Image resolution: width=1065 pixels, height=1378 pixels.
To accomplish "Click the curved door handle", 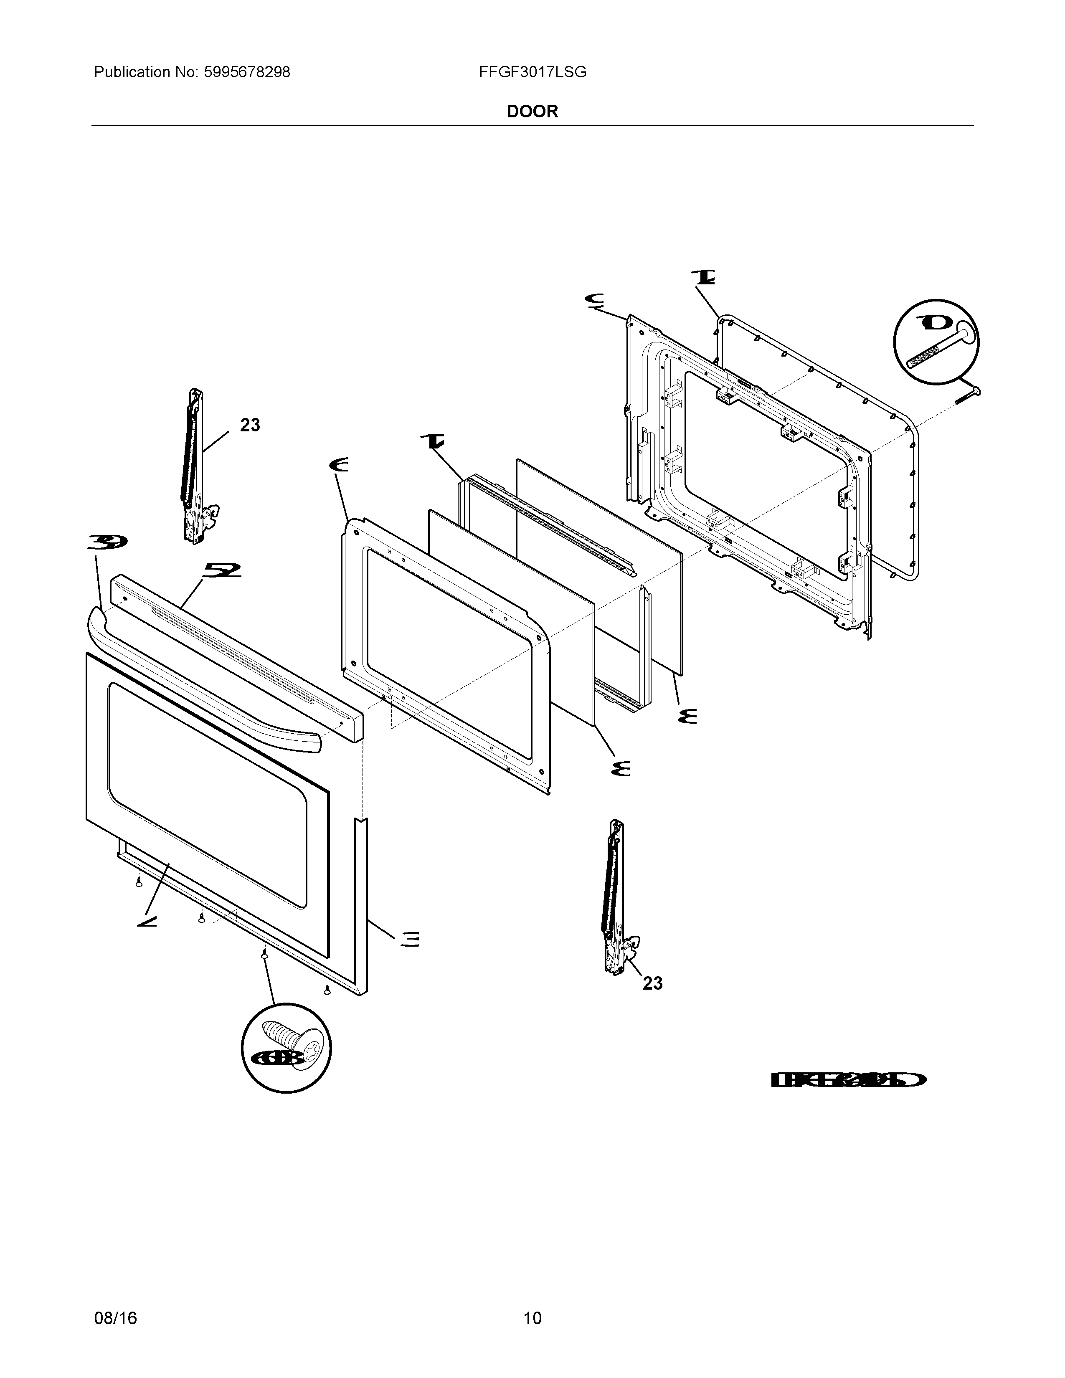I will (x=202, y=681).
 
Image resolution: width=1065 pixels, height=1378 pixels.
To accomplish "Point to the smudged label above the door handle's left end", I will (x=107, y=541).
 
